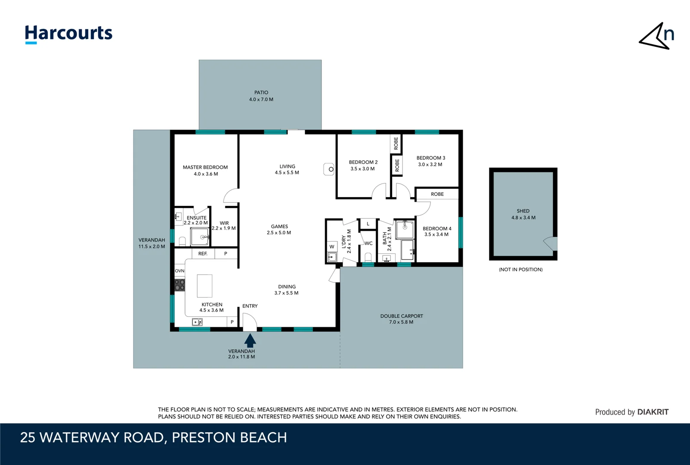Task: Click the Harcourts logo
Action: tap(69, 34)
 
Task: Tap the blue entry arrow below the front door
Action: tap(250, 341)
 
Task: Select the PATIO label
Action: tap(261, 93)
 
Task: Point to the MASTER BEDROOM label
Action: tap(205, 167)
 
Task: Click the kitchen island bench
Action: tap(204, 285)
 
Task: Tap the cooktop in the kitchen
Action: tap(179, 285)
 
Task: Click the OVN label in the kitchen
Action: tap(179, 271)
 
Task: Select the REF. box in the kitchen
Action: tap(203, 254)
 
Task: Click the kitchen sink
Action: tap(197, 322)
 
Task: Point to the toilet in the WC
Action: tap(368, 257)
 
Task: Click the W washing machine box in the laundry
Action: tap(332, 247)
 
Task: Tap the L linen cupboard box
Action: tap(368, 224)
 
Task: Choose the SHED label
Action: tap(523, 211)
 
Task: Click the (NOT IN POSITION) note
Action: tap(520, 270)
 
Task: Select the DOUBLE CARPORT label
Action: tap(401, 316)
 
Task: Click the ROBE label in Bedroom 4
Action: tap(437, 194)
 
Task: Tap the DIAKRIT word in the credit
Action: tap(653, 412)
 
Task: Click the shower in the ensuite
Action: tap(200, 236)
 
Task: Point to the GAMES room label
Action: tap(279, 226)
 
